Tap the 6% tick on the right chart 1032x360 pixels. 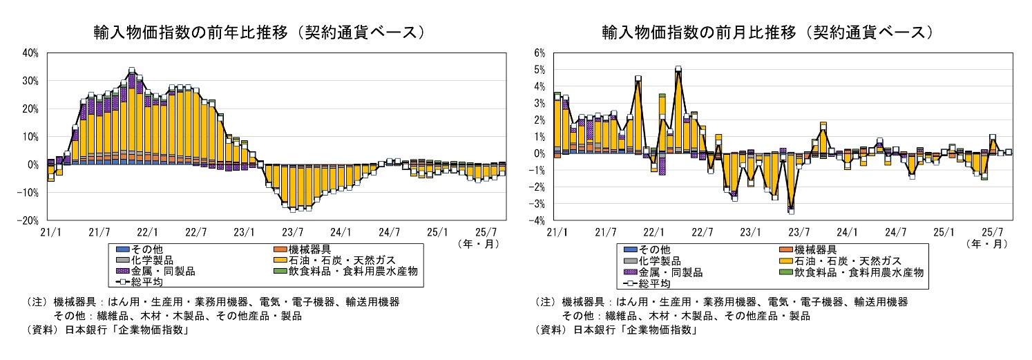pyautogui.click(x=539, y=53)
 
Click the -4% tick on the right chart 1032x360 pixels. pyautogui.click(x=538, y=220)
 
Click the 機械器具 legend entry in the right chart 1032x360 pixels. pyautogui.click(x=815, y=249)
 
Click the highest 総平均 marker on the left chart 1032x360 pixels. pyautogui.click(x=131, y=70)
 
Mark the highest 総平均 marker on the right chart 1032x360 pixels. pyautogui.click(x=678, y=69)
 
